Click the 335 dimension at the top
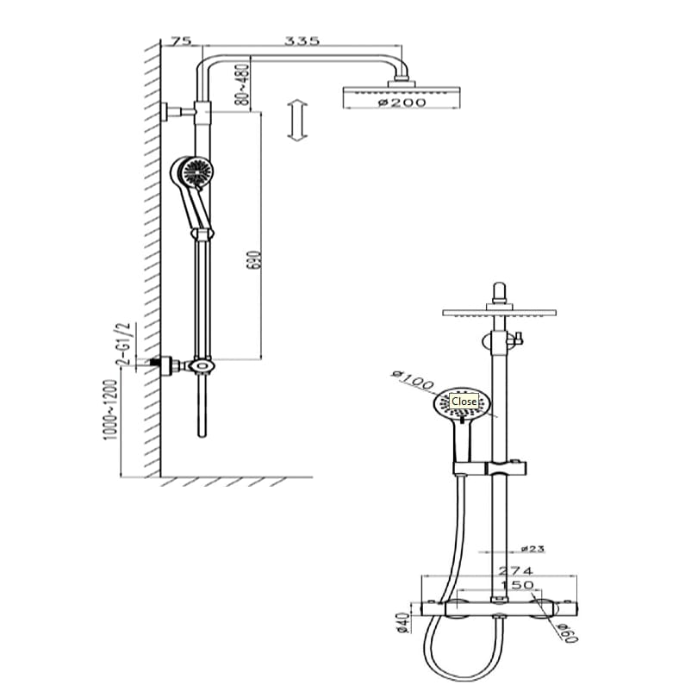pyautogui.click(x=302, y=40)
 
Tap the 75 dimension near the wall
pyautogui.click(x=181, y=40)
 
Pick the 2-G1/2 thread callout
pyautogui.click(x=122, y=343)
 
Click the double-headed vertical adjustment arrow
pyautogui.click(x=297, y=121)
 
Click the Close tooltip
pyautogui.click(x=464, y=401)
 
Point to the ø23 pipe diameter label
pyautogui.click(x=532, y=549)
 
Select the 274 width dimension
pyautogui.click(x=516, y=570)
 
